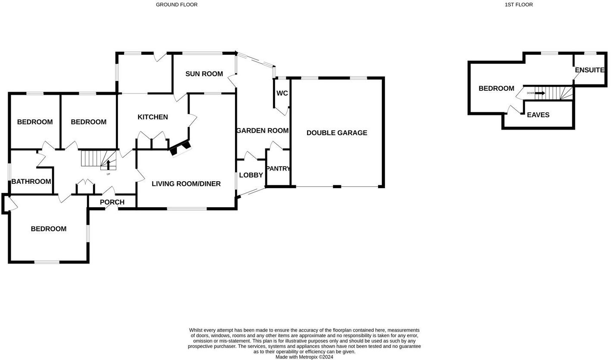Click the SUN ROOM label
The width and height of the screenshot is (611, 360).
click(204, 74)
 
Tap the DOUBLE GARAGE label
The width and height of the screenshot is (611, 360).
click(337, 133)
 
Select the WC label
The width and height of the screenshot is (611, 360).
click(282, 93)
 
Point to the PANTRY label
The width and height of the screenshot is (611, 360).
click(278, 169)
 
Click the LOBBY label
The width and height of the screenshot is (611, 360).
click(251, 175)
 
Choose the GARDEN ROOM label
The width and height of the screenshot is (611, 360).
click(262, 131)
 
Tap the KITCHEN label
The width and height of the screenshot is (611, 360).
click(152, 117)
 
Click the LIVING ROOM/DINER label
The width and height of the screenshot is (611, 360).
click(186, 184)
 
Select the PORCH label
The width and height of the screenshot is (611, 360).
click(112, 202)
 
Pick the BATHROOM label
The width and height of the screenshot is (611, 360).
click(31, 182)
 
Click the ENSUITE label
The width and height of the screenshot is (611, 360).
click(589, 70)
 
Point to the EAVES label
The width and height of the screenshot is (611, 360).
click(538, 115)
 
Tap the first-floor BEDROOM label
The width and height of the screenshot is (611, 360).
click(496, 89)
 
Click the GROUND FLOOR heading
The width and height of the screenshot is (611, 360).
click(177, 5)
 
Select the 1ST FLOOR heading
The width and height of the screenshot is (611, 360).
click(518, 5)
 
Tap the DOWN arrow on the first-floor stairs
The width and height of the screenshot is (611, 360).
click(540, 93)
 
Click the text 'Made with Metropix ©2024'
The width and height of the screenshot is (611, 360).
click(304, 357)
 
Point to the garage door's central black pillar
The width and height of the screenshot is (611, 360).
click(337, 186)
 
